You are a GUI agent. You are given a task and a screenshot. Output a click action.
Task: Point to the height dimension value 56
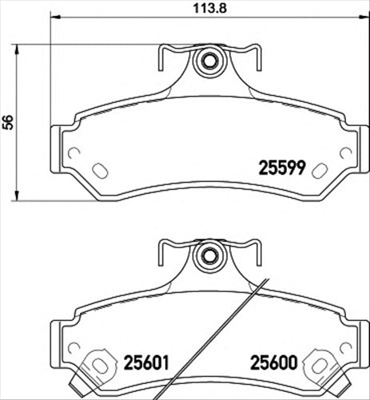pos(9,121)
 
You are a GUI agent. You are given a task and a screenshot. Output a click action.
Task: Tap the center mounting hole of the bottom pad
pos(209,256)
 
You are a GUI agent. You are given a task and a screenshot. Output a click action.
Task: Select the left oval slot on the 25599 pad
pos(101,170)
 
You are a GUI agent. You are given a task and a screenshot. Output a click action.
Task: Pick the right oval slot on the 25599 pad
pos(317,170)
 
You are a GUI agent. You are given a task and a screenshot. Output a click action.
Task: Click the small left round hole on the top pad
pos(74,154)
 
